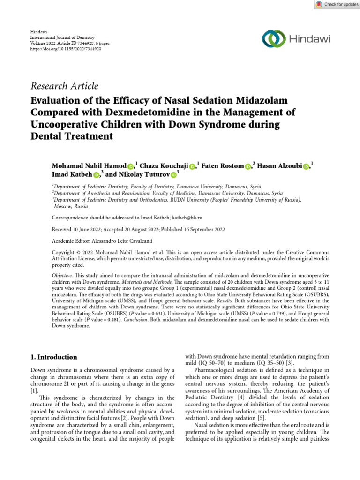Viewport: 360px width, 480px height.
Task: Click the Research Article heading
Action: point(64,86)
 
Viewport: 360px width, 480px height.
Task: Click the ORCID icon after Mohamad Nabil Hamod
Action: point(130,166)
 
